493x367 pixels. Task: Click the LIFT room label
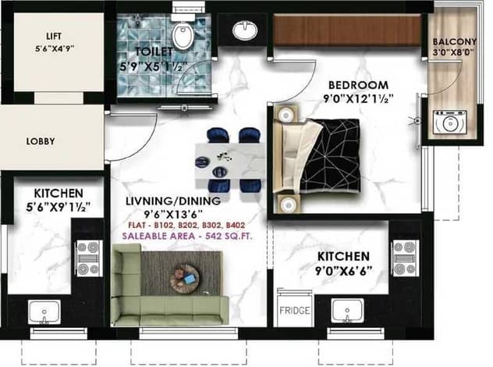(x=54, y=36)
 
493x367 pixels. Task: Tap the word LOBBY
(x=41, y=141)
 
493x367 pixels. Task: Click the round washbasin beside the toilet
(x=245, y=30)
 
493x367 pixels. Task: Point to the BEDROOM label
(x=358, y=85)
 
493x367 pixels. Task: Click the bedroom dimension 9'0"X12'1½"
(x=358, y=99)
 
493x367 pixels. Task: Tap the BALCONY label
(x=455, y=41)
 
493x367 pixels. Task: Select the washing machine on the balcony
(x=449, y=123)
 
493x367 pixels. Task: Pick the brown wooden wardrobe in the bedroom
(x=347, y=30)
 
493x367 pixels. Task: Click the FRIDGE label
(x=295, y=311)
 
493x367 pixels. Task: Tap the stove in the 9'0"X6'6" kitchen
(x=406, y=258)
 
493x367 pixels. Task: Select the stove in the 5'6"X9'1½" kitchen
(x=89, y=258)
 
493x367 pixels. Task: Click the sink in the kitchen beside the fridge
(x=347, y=310)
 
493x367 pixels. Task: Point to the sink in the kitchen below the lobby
(x=44, y=312)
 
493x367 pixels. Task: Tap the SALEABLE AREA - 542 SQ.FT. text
(x=187, y=236)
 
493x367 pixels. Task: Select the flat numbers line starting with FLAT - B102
(x=186, y=225)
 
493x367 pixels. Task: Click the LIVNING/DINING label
(x=173, y=201)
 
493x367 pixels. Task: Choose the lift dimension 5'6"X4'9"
(x=55, y=48)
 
